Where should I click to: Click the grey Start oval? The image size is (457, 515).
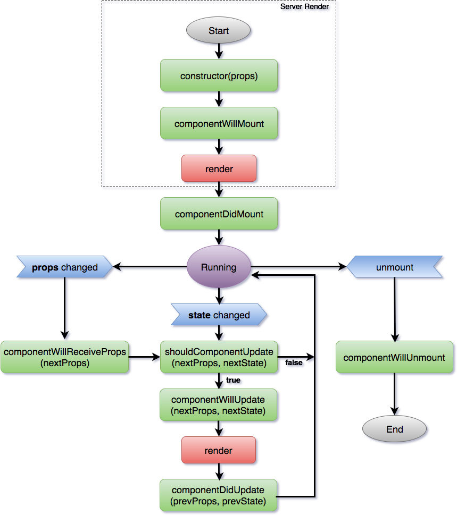click(x=218, y=30)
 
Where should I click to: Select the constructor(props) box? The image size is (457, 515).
click(x=219, y=75)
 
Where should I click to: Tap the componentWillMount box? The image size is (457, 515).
click(x=219, y=123)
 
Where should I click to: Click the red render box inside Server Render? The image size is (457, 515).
click(x=219, y=168)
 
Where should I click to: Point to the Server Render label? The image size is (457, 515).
click(x=304, y=6)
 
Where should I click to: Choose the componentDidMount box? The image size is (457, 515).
click(x=219, y=214)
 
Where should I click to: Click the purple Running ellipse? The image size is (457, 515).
click(x=218, y=267)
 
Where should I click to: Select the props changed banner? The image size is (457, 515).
click(x=64, y=267)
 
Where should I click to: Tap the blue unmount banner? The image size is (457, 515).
click(x=394, y=267)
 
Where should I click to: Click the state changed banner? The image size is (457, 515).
click(x=219, y=315)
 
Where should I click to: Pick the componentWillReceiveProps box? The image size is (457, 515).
click(x=64, y=357)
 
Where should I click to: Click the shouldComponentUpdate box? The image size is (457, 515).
click(x=219, y=357)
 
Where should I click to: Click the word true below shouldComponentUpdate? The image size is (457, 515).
click(x=233, y=380)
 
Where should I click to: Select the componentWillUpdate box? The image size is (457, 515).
click(x=219, y=405)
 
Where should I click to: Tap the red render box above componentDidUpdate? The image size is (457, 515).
click(x=219, y=450)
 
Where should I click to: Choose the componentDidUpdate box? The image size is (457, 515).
click(x=219, y=495)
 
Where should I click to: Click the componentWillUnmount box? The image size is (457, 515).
click(x=394, y=357)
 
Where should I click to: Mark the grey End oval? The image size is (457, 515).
click(x=394, y=429)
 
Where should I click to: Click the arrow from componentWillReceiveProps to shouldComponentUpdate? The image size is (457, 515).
click(x=144, y=357)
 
